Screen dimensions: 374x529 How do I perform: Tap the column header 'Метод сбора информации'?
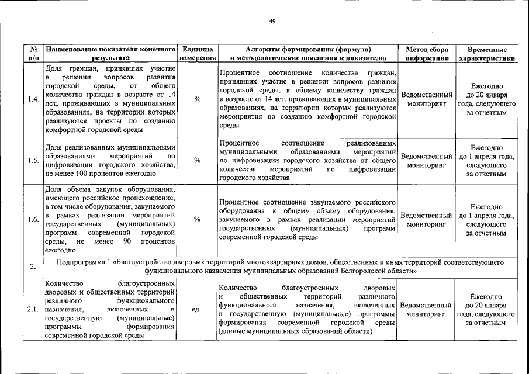[x=427, y=54]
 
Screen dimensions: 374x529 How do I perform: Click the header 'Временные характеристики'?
[x=487, y=54]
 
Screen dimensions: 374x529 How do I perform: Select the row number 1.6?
[x=33, y=219]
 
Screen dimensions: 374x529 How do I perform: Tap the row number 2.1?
[x=33, y=310]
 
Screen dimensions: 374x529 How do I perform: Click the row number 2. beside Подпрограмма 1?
[x=33, y=266]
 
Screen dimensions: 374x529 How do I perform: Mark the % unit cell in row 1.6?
[x=198, y=219]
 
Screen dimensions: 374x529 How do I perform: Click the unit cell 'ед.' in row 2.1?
[x=198, y=310]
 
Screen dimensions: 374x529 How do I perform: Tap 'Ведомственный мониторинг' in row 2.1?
[x=427, y=310]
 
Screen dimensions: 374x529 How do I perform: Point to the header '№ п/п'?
[x=33, y=54]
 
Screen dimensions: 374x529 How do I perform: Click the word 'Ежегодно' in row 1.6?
[x=486, y=207]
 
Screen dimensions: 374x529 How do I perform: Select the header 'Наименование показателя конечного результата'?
[x=110, y=54]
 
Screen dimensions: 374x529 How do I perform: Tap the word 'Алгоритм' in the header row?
[x=263, y=50]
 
